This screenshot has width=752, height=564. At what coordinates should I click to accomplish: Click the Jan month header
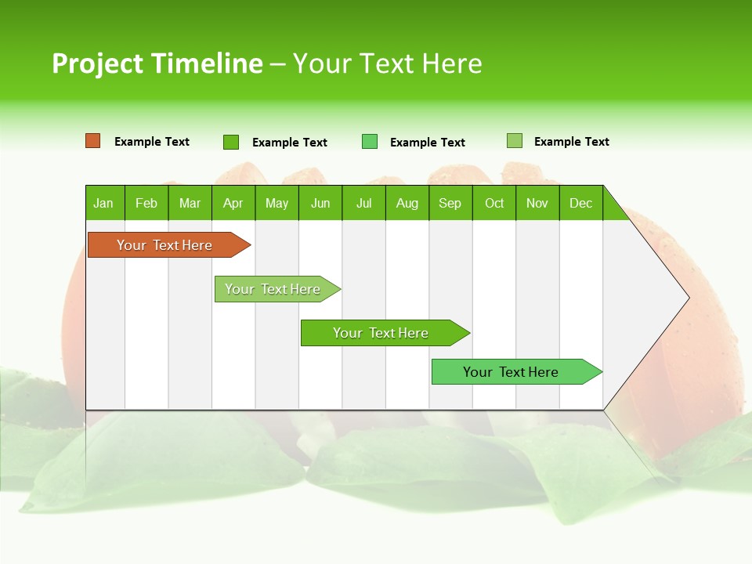click(104, 203)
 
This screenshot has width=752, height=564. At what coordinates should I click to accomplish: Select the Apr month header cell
click(233, 203)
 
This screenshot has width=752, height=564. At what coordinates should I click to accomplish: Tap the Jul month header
click(363, 203)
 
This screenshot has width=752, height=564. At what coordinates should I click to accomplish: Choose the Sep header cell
click(450, 203)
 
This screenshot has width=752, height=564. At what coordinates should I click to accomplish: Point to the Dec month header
click(580, 203)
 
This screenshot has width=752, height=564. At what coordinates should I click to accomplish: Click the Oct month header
click(494, 203)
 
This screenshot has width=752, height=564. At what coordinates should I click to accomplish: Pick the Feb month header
click(146, 203)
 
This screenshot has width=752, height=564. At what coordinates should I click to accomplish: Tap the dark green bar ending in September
click(381, 333)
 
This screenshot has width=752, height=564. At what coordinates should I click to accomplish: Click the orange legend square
click(93, 141)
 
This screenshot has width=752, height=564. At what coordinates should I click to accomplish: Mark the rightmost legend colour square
click(514, 141)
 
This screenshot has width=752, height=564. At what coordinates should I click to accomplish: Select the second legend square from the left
click(231, 142)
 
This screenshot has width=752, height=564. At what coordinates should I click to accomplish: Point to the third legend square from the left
click(370, 142)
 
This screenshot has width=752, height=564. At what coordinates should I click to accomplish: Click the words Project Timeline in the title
click(157, 63)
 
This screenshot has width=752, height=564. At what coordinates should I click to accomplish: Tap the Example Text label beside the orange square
click(152, 142)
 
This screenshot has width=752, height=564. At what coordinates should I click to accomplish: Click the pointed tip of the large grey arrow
click(687, 298)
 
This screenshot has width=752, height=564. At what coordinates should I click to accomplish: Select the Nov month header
click(537, 203)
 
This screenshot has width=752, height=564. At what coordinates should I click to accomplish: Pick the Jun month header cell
click(320, 203)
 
